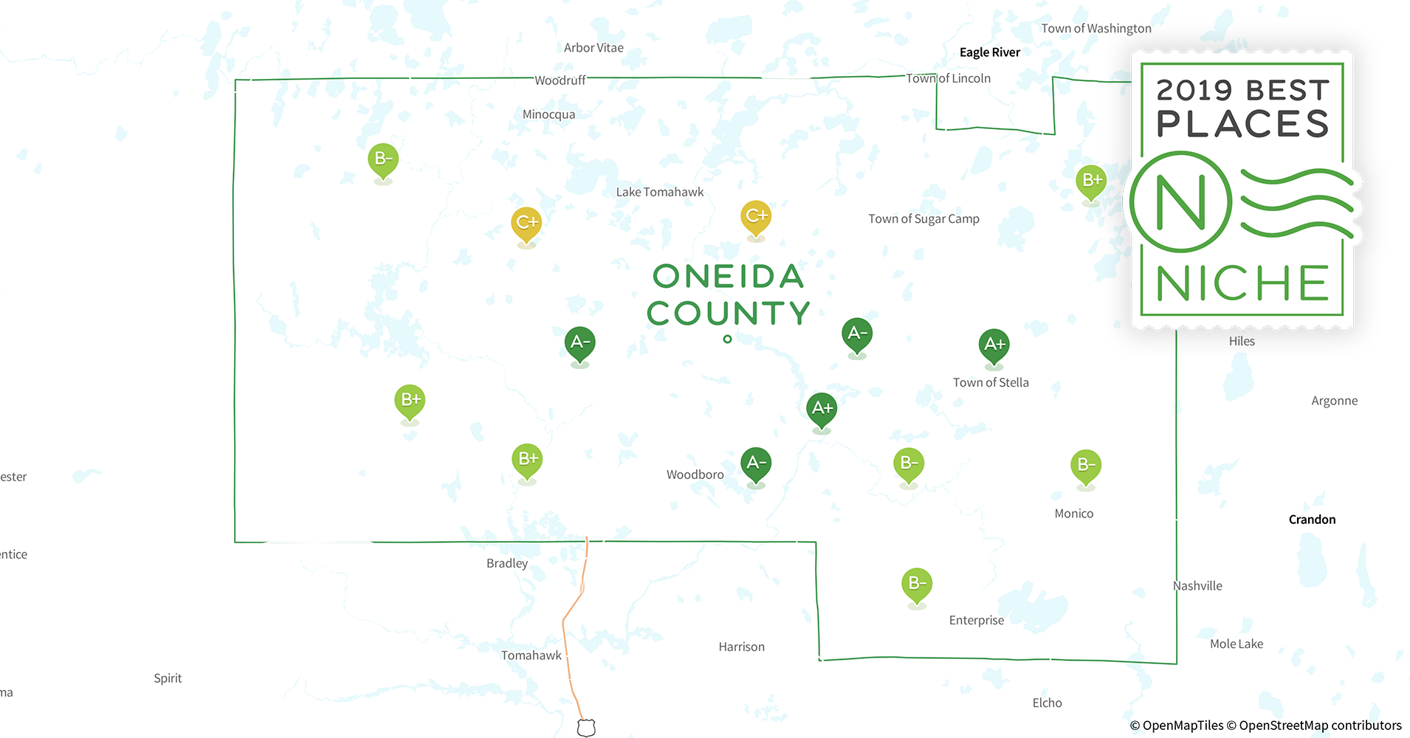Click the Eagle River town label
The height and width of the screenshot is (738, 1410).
(x=989, y=52)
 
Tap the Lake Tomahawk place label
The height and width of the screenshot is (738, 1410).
(x=659, y=192)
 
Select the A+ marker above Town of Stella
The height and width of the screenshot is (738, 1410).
(x=994, y=345)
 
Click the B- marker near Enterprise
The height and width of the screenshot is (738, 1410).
(x=916, y=584)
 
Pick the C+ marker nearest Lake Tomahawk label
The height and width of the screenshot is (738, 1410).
(x=755, y=216)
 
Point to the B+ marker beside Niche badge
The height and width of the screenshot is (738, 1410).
(x=1091, y=180)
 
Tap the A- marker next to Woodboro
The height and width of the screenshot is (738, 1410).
(x=755, y=463)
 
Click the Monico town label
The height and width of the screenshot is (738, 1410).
(x=1073, y=514)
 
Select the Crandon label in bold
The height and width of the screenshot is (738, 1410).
(x=1312, y=520)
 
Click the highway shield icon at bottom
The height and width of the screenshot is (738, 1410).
(x=586, y=728)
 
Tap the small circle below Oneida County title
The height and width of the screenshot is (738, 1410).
(x=727, y=339)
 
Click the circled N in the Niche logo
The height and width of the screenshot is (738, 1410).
(x=1180, y=202)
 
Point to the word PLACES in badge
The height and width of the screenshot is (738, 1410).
(x=1242, y=124)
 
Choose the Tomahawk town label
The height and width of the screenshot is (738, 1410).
(x=531, y=655)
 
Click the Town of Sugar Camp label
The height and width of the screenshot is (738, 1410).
(x=924, y=219)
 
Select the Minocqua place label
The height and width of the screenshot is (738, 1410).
(x=548, y=114)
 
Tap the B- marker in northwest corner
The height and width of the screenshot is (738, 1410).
(x=383, y=159)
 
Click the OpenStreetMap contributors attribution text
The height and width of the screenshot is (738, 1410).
(x=1320, y=725)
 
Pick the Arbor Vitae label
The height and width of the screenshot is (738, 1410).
(x=594, y=48)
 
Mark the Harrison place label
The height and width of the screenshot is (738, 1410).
(x=741, y=647)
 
